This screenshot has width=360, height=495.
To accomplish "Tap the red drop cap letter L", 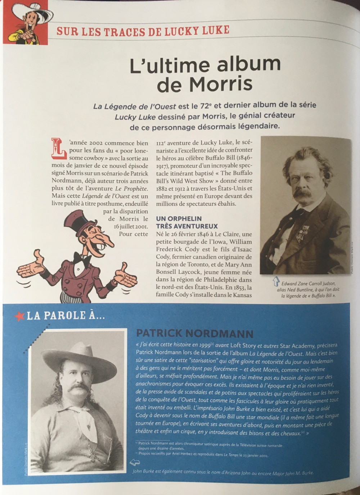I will tap(59, 148).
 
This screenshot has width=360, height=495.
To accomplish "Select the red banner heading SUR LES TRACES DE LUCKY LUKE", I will tap(143, 31).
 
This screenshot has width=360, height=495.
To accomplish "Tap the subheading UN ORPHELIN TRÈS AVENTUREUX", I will tap(186, 222).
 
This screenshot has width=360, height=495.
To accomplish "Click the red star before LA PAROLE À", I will tap(19, 316).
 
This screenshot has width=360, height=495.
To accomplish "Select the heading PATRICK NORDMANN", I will tap(195, 333).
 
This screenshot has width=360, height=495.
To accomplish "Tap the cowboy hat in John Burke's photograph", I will tap(78, 358).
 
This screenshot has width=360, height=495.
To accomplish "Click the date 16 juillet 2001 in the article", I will tap(131, 226).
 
